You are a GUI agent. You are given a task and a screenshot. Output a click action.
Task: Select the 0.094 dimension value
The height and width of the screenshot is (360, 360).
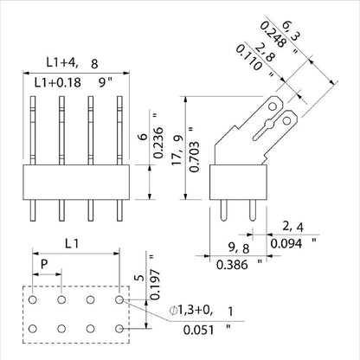(x=287, y=245)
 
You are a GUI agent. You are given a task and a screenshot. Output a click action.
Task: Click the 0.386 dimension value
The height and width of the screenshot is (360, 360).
(x=228, y=264)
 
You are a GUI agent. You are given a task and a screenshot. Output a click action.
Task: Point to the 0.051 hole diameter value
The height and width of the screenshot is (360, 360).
(x=198, y=330)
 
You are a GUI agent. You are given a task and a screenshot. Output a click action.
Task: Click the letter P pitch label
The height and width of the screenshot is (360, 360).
(x=46, y=262)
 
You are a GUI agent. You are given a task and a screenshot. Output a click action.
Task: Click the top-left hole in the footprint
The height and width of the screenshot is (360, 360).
(x=32, y=299)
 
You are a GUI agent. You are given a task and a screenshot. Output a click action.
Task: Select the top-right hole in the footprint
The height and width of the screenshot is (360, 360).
(x=119, y=299)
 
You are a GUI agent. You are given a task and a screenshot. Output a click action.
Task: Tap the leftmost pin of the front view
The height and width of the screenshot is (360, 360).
(x=35, y=130)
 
